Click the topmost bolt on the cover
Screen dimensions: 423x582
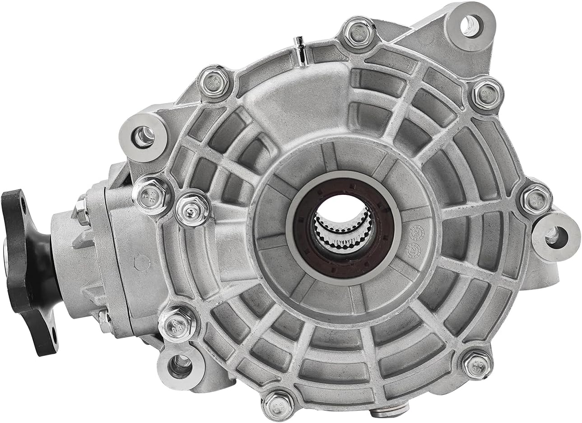coord(359,32)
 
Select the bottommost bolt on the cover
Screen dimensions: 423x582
coord(278,404)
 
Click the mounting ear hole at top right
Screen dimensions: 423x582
coord(470,24)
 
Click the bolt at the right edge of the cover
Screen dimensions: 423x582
coord(536,199)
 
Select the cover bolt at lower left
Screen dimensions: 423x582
coord(177,324)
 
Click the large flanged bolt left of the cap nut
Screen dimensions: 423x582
coord(152,195)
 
